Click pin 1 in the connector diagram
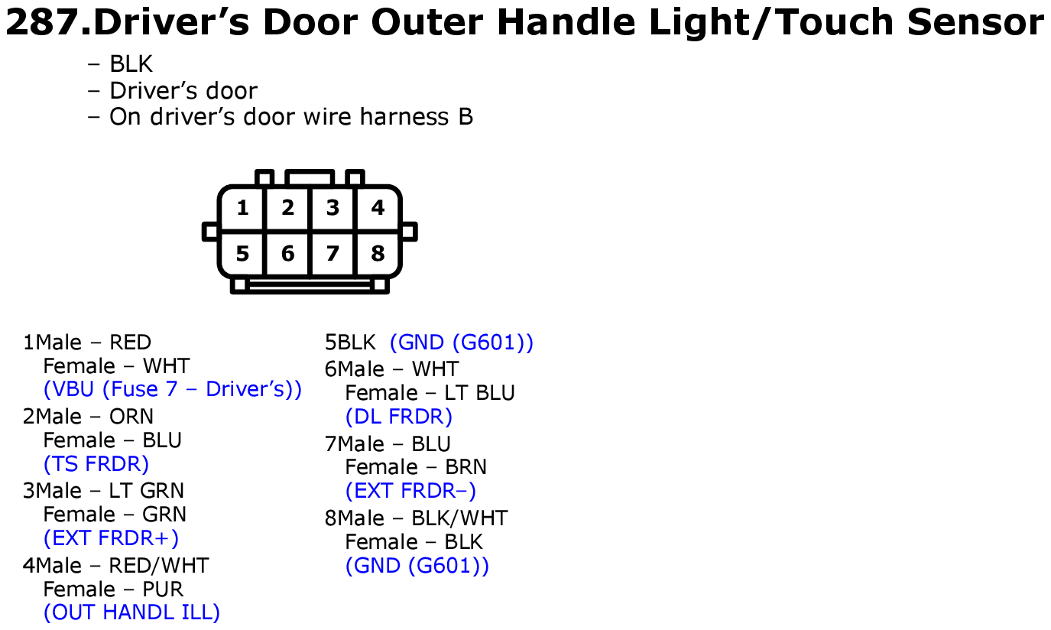[242, 208]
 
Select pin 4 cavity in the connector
[378, 208]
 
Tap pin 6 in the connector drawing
[287, 254]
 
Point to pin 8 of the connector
[378, 254]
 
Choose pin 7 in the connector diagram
[332, 254]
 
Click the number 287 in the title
[43, 22]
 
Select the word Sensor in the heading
[975, 22]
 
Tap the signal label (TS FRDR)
[96, 464]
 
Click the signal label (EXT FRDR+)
[111, 538]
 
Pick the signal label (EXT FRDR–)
[410, 491]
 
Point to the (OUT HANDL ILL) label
[131, 612]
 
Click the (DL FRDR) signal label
[399, 417]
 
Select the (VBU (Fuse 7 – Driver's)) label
[172, 389]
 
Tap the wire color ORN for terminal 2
[131, 417]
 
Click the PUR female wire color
[163, 589]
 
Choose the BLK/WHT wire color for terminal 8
[460, 518]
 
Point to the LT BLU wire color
[479, 393]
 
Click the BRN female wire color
[465, 467]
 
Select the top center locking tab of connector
[310, 177]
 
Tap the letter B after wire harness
[465, 116]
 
